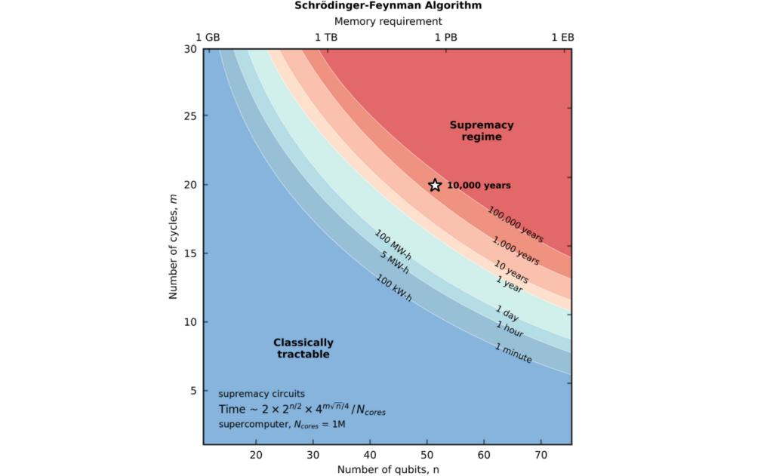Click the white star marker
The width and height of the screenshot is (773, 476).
tap(435, 185)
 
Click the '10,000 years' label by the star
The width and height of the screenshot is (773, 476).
tap(479, 186)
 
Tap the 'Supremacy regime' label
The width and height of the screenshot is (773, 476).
tap(482, 131)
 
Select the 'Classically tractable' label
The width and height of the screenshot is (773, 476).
tap(303, 348)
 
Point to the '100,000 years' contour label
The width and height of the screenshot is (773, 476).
tap(515, 224)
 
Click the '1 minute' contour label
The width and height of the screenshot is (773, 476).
tap(513, 352)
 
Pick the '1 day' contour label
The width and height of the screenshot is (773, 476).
tap(508, 313)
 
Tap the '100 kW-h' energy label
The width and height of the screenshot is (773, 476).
tap(393, 287)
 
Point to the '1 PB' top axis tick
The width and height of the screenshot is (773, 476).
tap(445, 37)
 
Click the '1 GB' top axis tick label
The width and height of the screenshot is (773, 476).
tap(208, 37)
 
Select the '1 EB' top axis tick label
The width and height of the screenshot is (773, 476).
tap(563, 37)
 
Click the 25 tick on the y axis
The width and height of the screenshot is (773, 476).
tap(189, 116)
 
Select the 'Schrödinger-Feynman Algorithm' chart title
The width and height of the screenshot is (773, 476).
tap(387, 6)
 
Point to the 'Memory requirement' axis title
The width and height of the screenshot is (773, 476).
tap(387, 21)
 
